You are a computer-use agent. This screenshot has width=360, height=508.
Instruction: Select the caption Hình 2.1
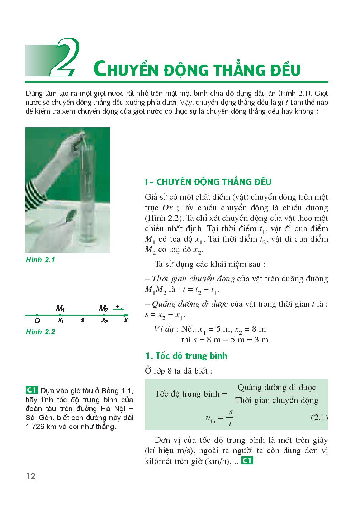(x=40, y=260)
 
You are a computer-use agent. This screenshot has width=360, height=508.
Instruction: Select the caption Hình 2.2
(x=40, y=332)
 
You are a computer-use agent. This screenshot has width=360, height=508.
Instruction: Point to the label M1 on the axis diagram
(x=60, y=308)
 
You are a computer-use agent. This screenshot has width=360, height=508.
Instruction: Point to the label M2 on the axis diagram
(x=104, y=308)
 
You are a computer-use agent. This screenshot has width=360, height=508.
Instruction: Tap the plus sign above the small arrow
(x=117, y=307)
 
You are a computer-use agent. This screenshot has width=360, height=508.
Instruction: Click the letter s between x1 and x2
(x=82, y=320)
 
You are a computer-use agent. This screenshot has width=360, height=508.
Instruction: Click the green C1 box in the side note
(x=32, y=390)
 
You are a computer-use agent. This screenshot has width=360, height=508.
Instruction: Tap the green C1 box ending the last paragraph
(x=247, y=461)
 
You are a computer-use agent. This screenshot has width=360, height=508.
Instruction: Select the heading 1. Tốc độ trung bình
(x=186, y=356)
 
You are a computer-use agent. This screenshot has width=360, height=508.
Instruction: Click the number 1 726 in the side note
(x=37, y=427)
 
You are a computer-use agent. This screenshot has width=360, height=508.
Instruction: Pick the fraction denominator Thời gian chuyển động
(x=277, y=400)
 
